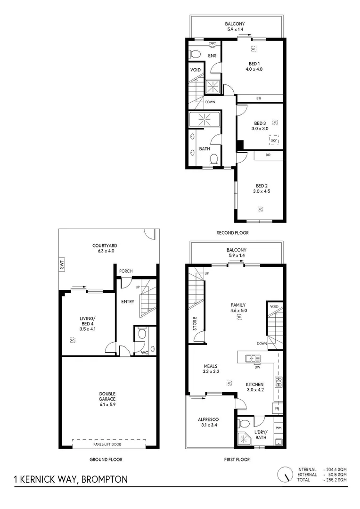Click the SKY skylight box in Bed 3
click(x=273, y=140)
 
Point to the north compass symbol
click(x=284, y=474)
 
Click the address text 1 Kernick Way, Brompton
click(x=71, y=480)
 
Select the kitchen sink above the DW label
click(x=253, y=359)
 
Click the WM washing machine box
click(x=278, y=427)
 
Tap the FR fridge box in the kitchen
click(x=277, y=408)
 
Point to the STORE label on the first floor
click(x=195, y=323)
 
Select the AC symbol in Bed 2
click(x=260, y=209)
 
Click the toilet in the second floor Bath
click(x=213, y=159)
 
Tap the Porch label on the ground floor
click(x=126, y=271)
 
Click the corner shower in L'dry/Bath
click(x=245, y=437)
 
